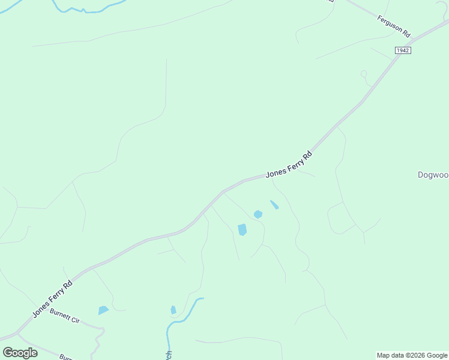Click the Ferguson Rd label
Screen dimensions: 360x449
(x=393, y=26)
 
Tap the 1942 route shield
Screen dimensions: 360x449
(x=402, y=50)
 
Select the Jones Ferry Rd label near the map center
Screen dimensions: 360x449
(x=289, y=163)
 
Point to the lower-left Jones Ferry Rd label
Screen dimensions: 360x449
(x=52, y=299)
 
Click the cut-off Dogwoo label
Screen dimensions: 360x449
(x=433, y=175)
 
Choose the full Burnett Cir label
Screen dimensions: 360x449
(x=65, y=317)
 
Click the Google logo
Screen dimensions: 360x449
(x=20, y=353)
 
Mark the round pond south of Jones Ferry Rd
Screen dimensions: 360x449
(x=258, y=214)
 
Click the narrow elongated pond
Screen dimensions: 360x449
(x=274, y=205)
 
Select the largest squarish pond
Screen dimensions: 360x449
(x=243, y=230)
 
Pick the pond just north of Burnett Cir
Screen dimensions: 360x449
(x=103, y=310)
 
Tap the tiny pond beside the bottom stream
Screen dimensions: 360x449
(x=173, y=310)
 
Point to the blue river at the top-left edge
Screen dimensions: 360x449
(x=90, y=9)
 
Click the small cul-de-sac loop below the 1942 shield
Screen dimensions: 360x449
(x=363, y=74)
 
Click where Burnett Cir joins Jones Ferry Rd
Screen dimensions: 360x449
(x=18, y=331)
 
